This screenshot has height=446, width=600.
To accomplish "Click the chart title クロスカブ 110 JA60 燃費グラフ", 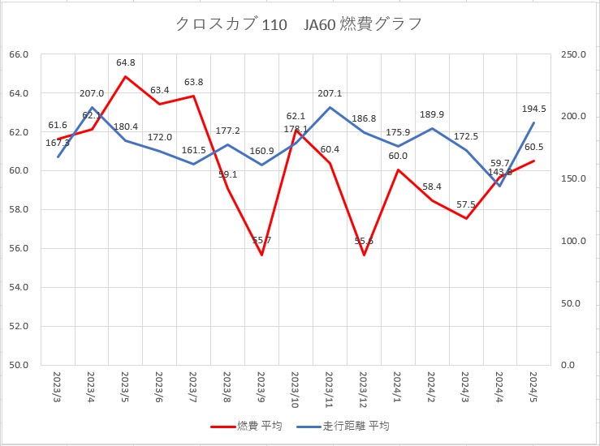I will tap(299, 24).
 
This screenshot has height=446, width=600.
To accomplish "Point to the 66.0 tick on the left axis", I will tap(19, 54).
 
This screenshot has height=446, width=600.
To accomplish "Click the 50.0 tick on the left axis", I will tap(19, 365).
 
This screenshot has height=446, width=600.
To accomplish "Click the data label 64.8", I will tap(126, 62).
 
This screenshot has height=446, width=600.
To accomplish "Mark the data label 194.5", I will tap(533, 109).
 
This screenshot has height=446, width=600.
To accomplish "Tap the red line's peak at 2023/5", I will tap(126, 76).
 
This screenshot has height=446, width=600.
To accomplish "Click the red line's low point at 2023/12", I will tap(364, 255).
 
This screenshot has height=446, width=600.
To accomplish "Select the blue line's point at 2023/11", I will tap(330, 107).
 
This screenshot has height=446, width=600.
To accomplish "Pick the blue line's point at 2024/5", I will tap(533, 122).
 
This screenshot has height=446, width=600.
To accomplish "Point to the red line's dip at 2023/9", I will tap(261, 255).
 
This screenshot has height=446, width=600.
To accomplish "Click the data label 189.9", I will tap(432, 114).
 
